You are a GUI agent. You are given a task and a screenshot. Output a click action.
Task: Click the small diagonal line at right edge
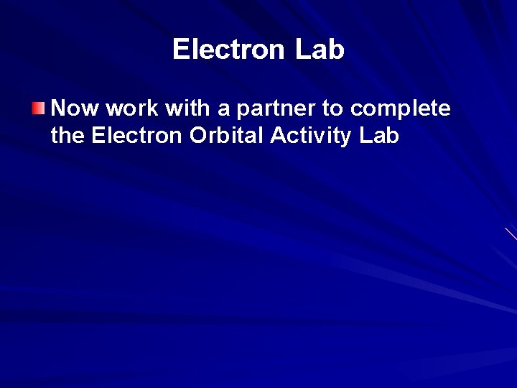click(511, 233)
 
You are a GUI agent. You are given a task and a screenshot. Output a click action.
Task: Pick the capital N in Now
click(60, 108)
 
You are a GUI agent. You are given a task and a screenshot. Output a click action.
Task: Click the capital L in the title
click(302, 50)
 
